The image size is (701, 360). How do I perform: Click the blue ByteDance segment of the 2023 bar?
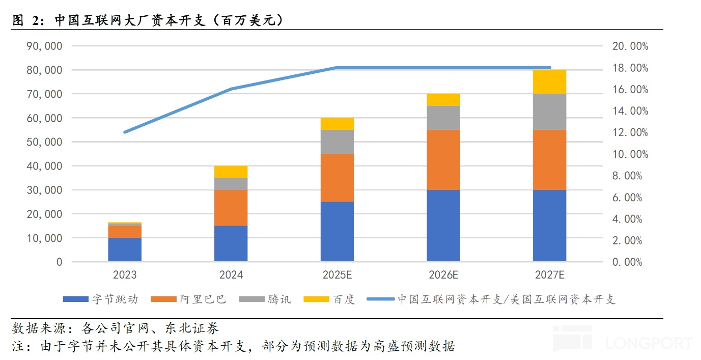pos(125,250)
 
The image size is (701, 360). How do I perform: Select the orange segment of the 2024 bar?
pos(231,208)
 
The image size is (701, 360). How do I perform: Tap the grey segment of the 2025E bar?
pos(337,142)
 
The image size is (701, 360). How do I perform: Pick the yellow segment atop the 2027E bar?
pos(549,81)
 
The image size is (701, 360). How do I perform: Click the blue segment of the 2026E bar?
pos(443,226)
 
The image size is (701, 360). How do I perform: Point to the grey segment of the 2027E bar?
pos(549,112)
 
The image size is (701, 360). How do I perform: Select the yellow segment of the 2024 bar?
pos(231,172)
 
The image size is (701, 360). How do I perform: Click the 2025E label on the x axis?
pos(337,275)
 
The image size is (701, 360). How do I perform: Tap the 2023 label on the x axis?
pos(125,275)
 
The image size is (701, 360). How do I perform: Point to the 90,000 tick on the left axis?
pos(44,46)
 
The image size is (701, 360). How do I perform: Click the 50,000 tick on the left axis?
pos(44,142)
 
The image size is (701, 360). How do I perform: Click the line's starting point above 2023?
pos(125,132)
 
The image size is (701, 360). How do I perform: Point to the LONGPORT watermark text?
pos(649,343)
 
